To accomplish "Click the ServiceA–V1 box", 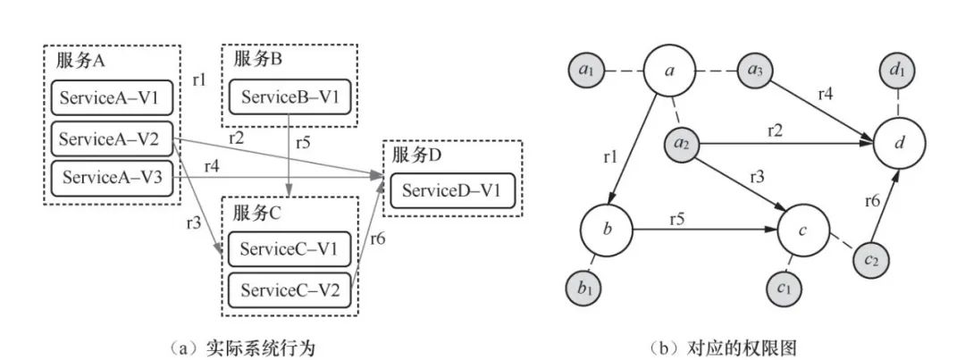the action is [x=112, y=97].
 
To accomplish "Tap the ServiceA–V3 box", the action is [x=112, y=178].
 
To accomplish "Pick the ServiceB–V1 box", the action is [x=289, y=97].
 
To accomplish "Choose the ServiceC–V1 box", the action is [x=289, y=248].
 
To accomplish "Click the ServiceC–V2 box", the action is [x=289, y=289].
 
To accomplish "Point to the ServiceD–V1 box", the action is [x=452, y=190].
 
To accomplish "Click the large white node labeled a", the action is [x=670, y=71].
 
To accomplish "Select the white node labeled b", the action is [x=608, y=230].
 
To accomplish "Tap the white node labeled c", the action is [x=804, y=230].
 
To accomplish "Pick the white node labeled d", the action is [x=899, y=144].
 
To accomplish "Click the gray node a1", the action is [x=586, y=71].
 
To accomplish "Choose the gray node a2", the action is [x=681, y=144].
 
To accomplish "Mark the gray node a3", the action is [x=756, y=71].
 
